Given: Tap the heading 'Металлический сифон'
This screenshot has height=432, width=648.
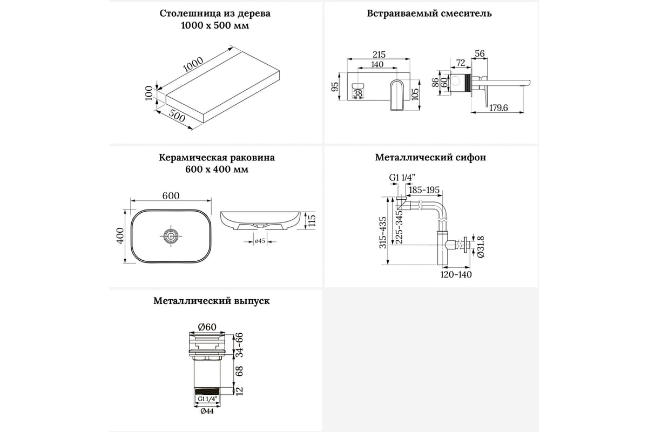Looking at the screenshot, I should [430, 158].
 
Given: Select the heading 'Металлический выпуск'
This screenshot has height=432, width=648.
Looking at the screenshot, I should [212, 301].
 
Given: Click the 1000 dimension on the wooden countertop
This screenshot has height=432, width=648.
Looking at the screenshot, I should [193, 64].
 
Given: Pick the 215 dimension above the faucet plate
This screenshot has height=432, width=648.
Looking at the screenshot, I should [379, 54].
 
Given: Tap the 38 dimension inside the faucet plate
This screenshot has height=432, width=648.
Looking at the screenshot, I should [358, 93].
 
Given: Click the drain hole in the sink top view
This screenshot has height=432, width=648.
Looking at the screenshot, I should [171, 235].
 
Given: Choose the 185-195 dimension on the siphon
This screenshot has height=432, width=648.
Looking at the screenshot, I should [424, 190].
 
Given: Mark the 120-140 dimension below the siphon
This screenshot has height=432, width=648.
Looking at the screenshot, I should [456, 274].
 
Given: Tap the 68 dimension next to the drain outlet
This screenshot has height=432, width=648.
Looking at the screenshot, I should [238, 371].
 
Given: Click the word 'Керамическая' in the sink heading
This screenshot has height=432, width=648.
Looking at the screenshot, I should [186, 158].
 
